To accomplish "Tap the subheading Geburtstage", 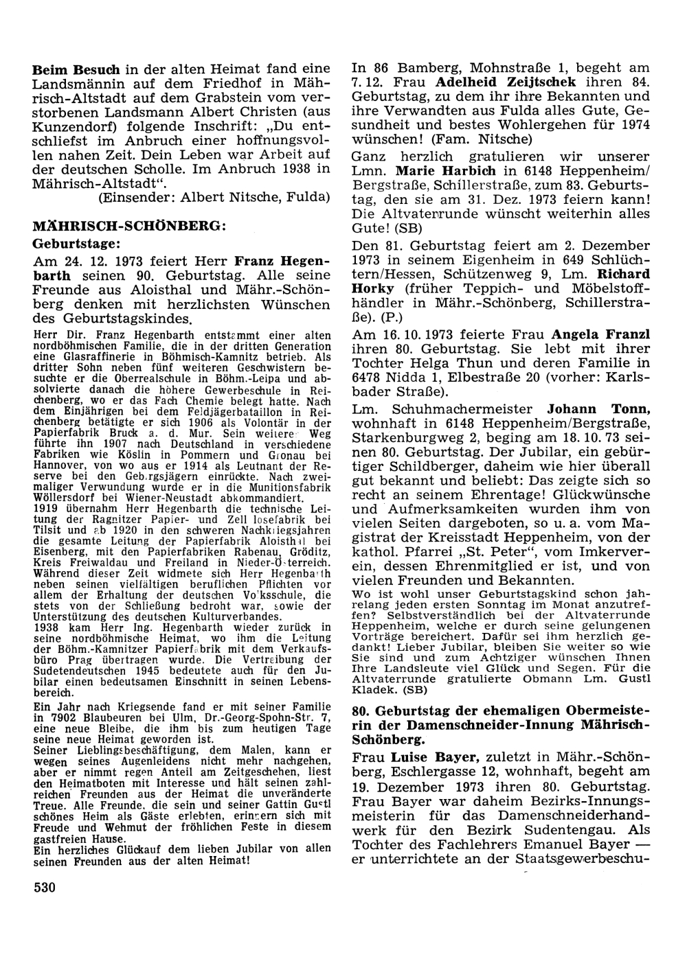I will click(76, 243).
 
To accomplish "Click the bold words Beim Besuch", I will click(76, 69).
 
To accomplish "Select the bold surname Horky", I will click(372, 288).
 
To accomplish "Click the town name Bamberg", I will click(424, 68).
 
